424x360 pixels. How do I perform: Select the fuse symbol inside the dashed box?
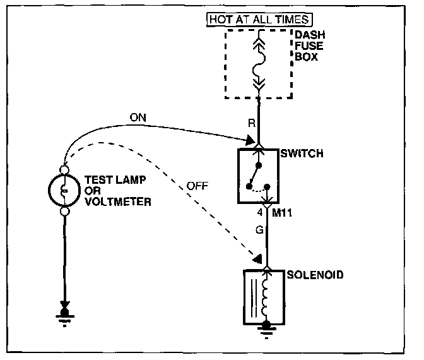258,64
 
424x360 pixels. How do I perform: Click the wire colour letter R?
250,124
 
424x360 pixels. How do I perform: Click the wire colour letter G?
259,231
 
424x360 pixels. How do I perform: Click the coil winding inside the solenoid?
268,297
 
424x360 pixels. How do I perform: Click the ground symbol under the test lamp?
64,316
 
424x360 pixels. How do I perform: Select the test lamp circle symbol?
64,190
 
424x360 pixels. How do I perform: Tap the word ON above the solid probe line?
138,117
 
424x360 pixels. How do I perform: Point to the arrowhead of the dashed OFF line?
257,258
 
